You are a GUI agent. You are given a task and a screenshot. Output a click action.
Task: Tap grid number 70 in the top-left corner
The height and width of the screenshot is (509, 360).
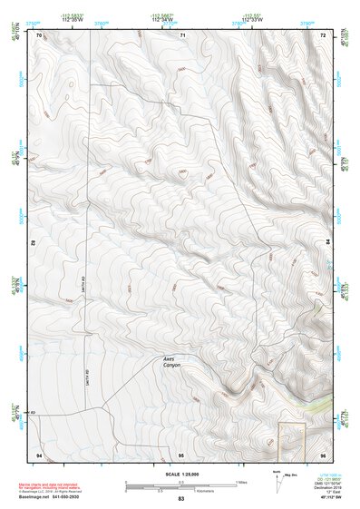(39, 34)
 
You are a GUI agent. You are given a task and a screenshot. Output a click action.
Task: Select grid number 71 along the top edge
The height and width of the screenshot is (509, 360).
(181, 34)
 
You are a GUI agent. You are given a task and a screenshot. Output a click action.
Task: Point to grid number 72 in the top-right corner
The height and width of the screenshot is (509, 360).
(324, 34)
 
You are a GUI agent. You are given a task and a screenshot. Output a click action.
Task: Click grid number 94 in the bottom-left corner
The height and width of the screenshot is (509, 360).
(39, 454)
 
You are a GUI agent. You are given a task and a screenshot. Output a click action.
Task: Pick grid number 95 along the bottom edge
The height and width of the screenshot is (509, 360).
(181, 454)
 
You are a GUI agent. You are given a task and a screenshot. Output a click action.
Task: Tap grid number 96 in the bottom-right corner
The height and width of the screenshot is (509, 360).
(324, 454)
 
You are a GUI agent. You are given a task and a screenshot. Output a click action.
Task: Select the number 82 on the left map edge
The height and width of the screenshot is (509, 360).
(34, 244)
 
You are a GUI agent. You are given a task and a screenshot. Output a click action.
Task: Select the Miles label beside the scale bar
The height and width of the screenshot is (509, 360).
(240, 482)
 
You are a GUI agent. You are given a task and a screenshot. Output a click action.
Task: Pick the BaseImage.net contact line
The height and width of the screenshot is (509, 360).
(63, 496)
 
